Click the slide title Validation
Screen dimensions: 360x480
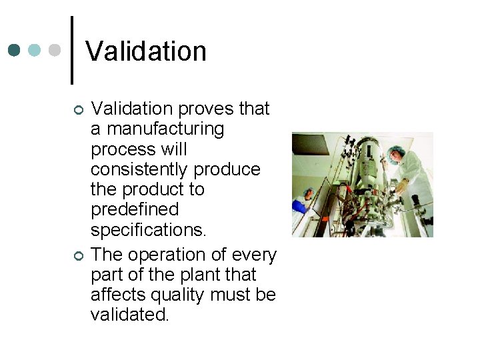coord(146,51)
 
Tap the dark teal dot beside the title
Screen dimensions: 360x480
coord(15,51)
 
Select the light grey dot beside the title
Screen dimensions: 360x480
coord(55,51)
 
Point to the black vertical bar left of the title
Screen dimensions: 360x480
coord(71,51)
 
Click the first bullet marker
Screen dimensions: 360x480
coord(78,109)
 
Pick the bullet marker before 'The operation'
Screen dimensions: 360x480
coord(78,256)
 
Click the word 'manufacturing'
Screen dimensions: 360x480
coord(166,129)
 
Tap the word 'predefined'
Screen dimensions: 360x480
coord(135,209)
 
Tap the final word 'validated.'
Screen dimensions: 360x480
coord(130,315)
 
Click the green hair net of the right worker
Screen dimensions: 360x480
coord(397,150)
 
